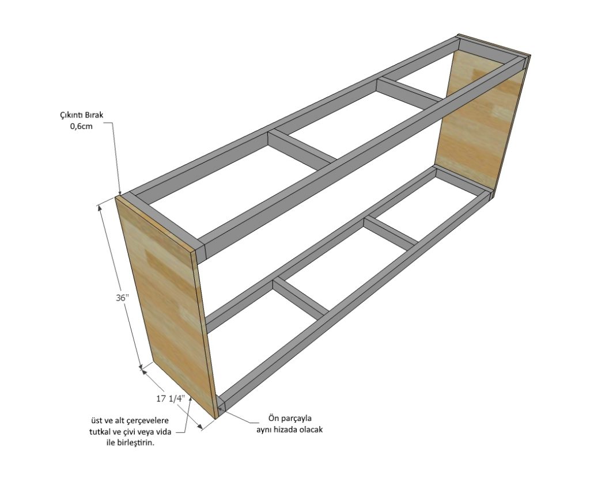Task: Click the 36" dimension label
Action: pyautogui.click(x=122, y=298)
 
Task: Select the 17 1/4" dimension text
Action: pyautogui.click(x=171, y=399)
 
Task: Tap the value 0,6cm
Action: pyautogui.click(x=81, y=126)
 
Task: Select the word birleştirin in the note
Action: pyautogui.click(x=138, y=443)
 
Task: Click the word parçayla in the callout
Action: pyautogui.click(x=298, y=418)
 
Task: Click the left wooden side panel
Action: pyautogui.click(x=164, y=305)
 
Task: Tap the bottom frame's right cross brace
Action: pyautogui.click(x=391, y=231)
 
